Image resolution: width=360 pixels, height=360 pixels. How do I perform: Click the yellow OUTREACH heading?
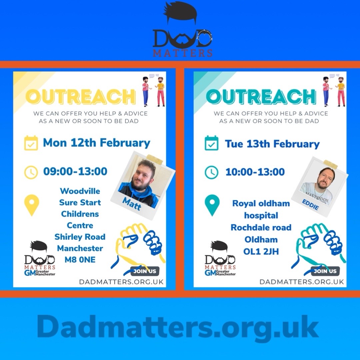pos(81,97)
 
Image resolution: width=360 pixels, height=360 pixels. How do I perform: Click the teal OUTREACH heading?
pos(260,97)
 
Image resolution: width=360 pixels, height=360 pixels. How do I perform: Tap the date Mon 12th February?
pos(97,143)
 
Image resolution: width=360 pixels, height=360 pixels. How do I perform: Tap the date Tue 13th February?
pos(272,144)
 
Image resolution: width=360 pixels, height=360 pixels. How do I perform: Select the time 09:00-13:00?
pos(75,172)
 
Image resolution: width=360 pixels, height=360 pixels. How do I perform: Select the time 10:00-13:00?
pos(255,172)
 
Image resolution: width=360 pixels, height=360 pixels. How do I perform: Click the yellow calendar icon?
pos(31,143)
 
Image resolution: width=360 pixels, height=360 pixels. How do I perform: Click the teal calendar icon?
pos(211,143)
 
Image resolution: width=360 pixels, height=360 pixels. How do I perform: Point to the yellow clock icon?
pos(31,172)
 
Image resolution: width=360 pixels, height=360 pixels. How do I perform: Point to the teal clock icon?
pos(211,172)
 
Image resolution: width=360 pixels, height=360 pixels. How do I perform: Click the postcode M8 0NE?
pos(80,260)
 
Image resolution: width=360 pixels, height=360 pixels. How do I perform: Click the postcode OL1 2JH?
pos(261,251)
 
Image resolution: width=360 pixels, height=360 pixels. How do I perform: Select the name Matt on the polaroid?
pos(132,203)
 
